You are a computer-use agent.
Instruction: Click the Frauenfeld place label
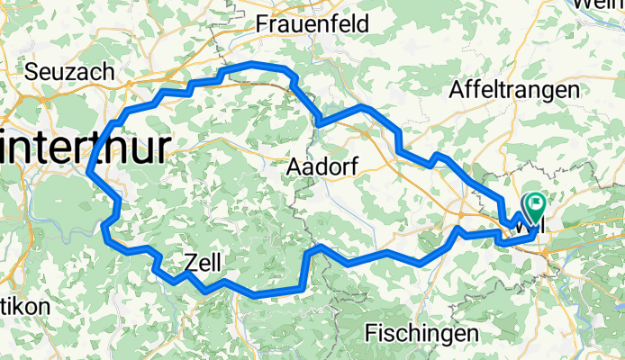pos(312,23)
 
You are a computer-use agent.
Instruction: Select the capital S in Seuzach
pos(33,71)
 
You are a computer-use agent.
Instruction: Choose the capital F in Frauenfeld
pos(263,23)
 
